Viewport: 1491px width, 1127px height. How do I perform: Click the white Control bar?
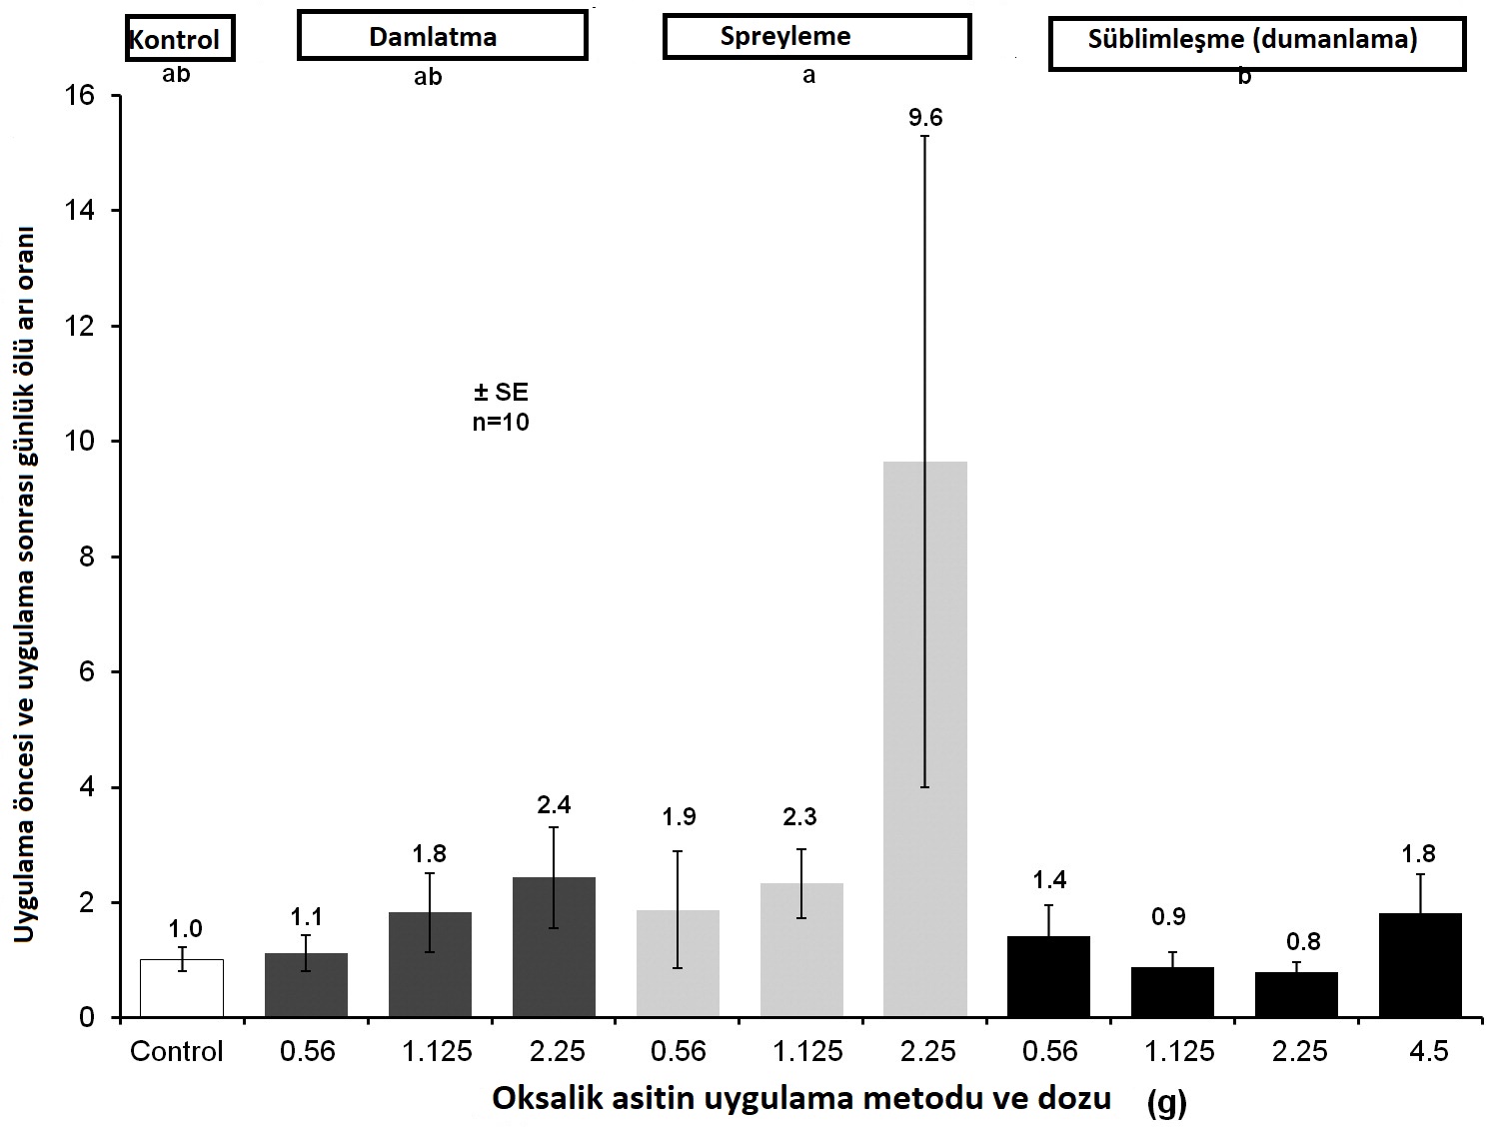point(182,988)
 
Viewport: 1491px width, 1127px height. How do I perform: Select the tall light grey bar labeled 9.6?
point(925,739)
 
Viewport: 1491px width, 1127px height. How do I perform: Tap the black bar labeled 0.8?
point(1296,995)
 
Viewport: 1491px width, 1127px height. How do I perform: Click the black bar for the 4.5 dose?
point(1420,965)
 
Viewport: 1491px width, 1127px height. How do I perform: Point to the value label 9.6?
point(925,118)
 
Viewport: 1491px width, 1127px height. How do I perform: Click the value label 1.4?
point(1049,880)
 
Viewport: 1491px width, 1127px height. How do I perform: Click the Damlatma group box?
point(442,37)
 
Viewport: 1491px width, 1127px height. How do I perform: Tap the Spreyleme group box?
point(816,37)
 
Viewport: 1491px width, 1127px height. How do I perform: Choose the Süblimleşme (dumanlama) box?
point(1256,42)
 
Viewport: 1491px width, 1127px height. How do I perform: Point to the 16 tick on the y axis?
point(81,96)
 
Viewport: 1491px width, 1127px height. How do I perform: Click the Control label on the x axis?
point(177,1051)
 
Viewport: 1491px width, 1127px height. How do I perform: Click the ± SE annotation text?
point(501,392)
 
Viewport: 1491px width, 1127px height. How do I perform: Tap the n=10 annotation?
point(501,422)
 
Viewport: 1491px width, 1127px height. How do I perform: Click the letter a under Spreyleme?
point(809,76)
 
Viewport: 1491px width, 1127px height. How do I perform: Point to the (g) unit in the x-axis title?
point(1166,1104)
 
